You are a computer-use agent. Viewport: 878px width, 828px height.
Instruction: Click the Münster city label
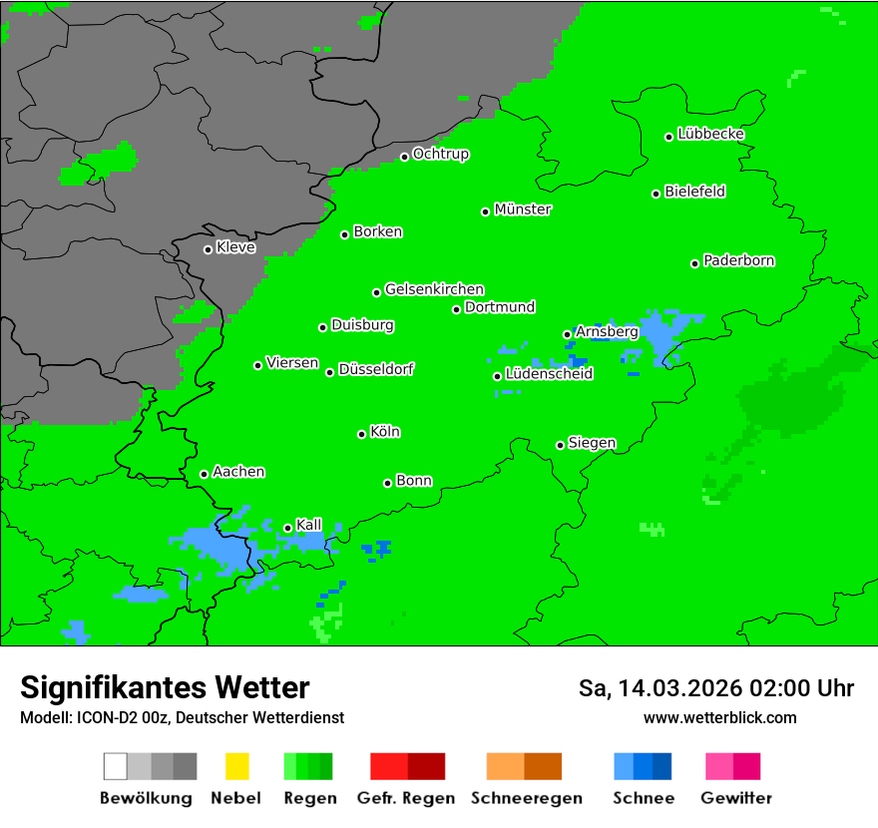523,209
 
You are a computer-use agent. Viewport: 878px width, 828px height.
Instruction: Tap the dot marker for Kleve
208,249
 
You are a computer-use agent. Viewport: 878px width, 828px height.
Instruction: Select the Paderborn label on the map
739,260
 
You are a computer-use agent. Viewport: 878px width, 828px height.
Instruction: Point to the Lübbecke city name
711,134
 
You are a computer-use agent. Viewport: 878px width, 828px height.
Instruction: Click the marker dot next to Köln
361,434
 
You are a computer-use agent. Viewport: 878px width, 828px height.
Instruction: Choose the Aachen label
238,472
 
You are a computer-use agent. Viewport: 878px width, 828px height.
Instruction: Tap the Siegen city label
592,443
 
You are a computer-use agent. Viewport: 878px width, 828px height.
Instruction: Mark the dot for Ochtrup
404,157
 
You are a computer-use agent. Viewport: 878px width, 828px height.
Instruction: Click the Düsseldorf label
376,369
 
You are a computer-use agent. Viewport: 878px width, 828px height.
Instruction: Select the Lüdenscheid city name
549,374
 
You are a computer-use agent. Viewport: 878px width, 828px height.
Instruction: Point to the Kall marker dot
287,528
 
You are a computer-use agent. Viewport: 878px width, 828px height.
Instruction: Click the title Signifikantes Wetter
165,687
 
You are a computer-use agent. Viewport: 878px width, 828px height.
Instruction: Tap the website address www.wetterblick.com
719,717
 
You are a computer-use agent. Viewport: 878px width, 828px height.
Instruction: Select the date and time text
715,688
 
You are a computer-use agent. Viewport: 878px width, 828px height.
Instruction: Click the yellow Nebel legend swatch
236,766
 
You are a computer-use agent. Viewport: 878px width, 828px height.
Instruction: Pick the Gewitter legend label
736,798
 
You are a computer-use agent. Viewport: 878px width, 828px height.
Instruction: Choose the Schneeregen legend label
527,798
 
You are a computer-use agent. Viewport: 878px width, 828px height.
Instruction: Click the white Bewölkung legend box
116,766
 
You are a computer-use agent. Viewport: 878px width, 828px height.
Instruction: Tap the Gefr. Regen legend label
406,798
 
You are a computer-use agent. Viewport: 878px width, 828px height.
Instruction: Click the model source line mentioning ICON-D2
182,717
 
